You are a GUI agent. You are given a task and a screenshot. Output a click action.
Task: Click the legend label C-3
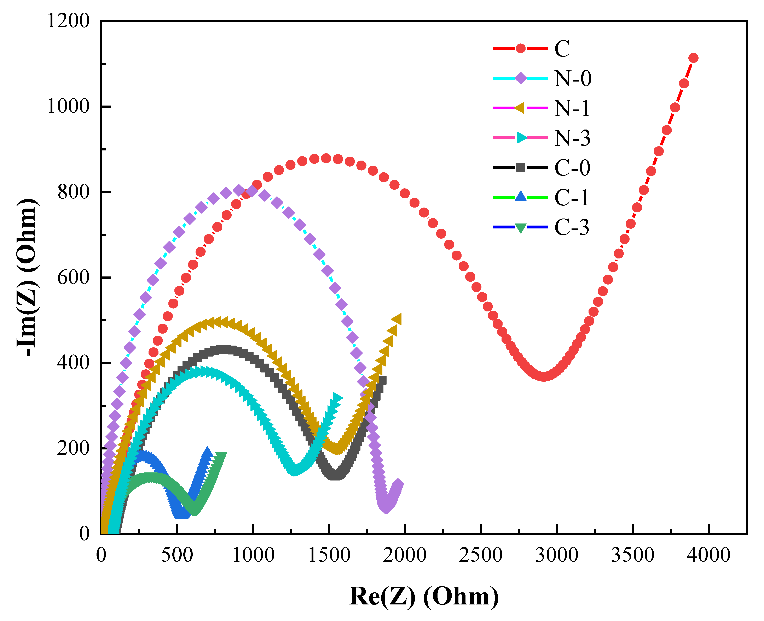(572, 227)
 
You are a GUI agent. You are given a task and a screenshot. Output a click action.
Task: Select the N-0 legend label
(573, 78)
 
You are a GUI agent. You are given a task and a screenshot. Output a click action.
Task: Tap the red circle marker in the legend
(521, 48)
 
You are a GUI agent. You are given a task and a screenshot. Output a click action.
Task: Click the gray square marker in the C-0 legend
(521, 167)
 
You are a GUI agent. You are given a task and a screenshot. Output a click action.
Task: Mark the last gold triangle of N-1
(397, 319)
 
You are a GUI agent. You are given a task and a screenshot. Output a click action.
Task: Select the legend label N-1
(572, 108)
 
